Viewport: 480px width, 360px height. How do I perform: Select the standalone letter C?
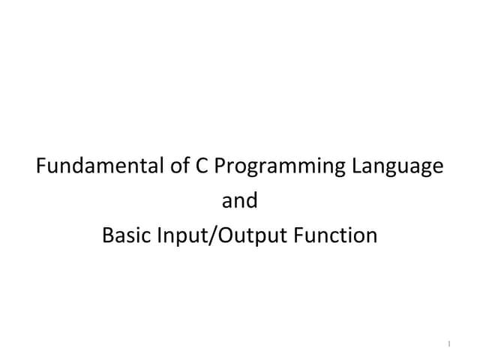pos(201,166)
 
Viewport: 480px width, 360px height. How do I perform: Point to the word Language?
pos(394,168)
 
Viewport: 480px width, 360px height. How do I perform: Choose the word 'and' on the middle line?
pos(240,201)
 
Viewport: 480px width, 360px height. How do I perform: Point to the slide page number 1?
pos(448,344)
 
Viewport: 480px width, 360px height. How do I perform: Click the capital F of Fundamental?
pos(42,166)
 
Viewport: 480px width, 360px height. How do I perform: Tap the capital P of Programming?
pos(220,166)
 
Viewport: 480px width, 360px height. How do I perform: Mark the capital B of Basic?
pos(107,236)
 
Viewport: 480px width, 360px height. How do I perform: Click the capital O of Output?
pos(224,236)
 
